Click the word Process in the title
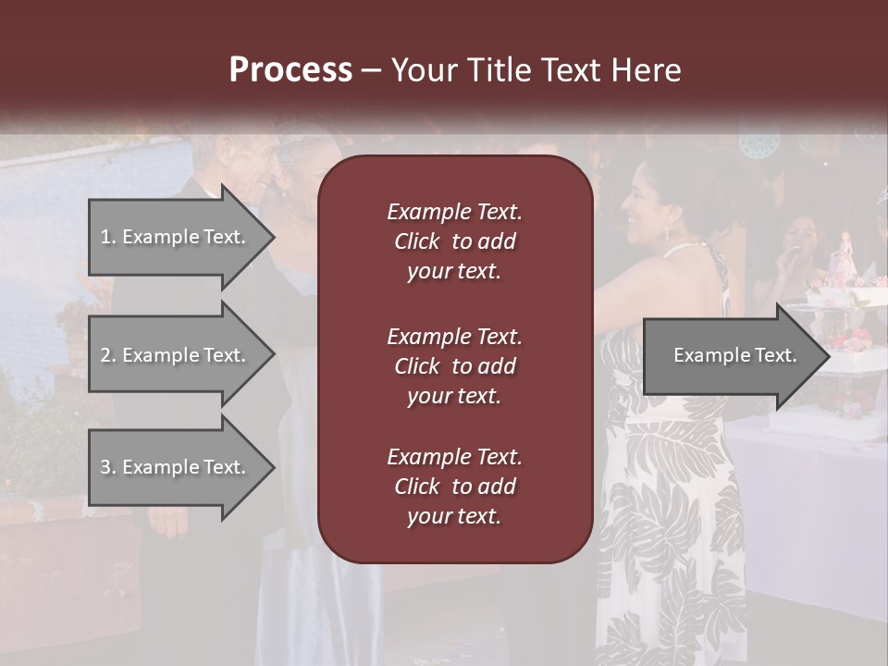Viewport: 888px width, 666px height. pyautogui.click(x=290, y=70)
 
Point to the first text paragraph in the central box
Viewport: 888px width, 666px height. pyautogui.click(x=454, y=241)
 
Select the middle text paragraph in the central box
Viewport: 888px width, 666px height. pyautogui.click(x=454, y=366)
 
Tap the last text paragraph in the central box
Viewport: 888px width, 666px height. pyautogui.click(x=454, y=487)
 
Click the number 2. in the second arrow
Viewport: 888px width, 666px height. pyautogui.click(x=108, y=355)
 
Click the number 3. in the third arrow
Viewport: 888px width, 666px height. pyautogui.click(x=108, y=467)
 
